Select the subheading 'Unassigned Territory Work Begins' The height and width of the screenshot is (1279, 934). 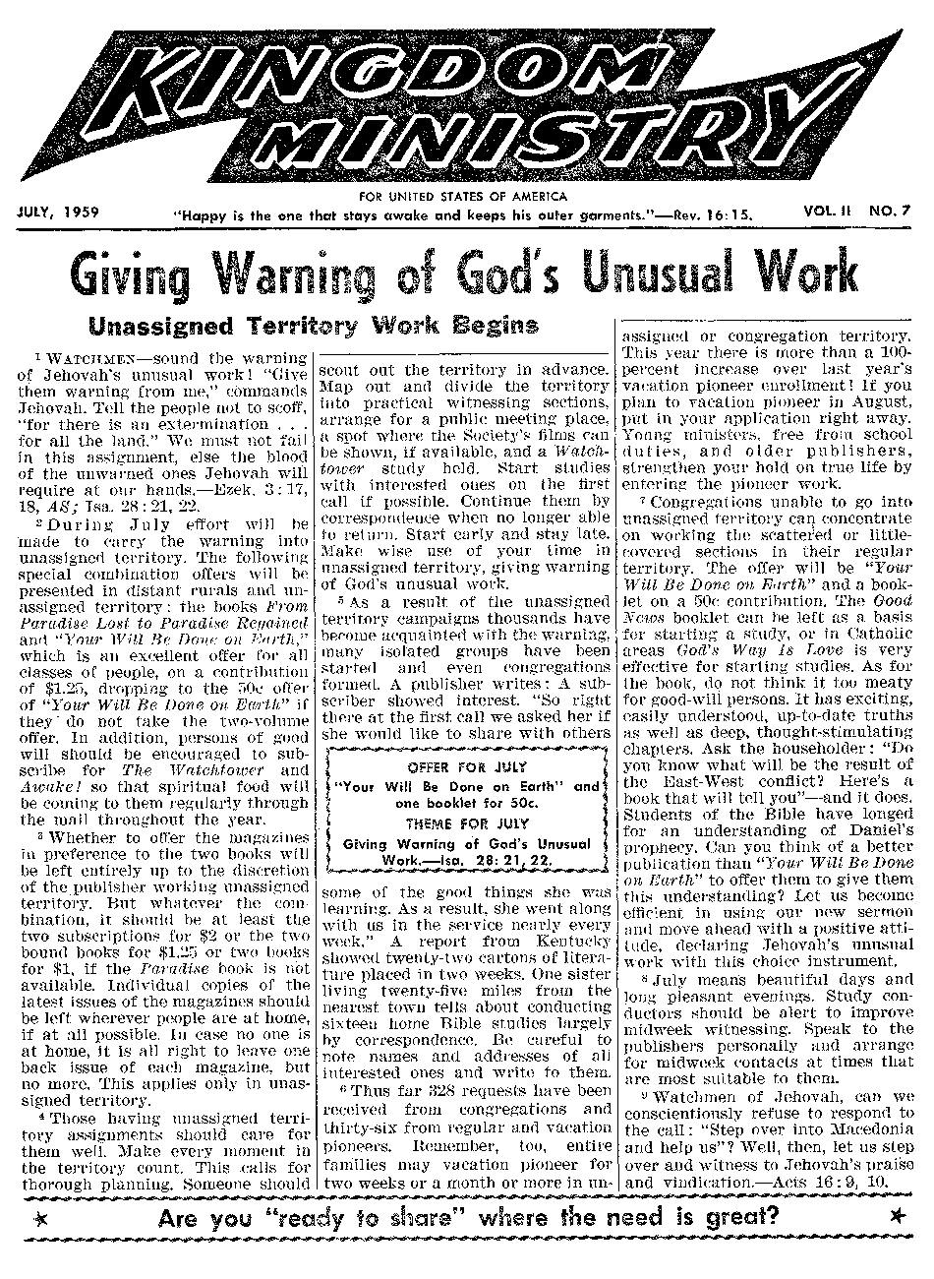click(x=313, y=326)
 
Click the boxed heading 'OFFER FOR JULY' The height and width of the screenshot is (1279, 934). click(x=467, y=766)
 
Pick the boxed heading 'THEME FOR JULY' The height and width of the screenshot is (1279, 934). click(x=467, y=822)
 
